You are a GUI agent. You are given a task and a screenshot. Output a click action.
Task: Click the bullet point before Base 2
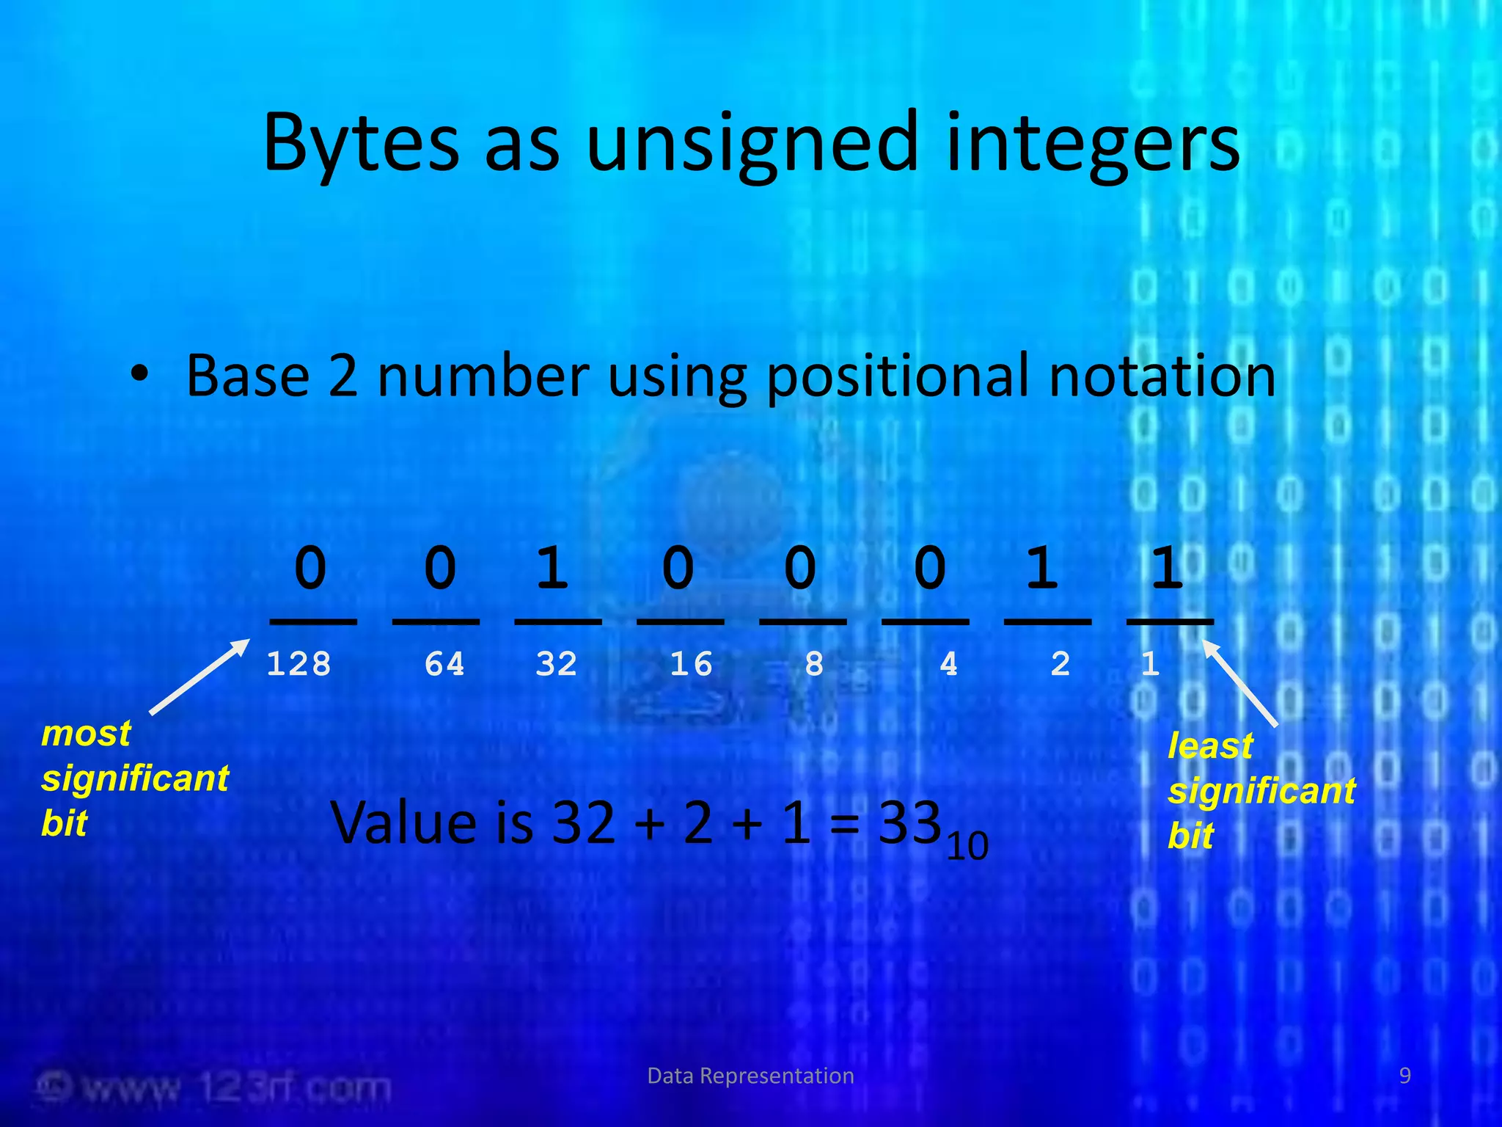pos(140,375)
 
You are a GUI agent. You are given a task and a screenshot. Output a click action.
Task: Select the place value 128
pos(298,664)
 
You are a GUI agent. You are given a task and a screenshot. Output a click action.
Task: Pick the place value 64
pos(444,664)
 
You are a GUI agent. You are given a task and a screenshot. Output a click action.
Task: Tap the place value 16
pos(691,664)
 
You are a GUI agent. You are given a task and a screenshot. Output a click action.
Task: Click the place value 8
pos(814,664)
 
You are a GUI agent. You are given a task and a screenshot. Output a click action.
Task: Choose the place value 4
pos(948,664)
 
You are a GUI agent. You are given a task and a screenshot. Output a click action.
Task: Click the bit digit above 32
pos(552,568)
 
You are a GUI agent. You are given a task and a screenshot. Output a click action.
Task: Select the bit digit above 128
pos(310,568)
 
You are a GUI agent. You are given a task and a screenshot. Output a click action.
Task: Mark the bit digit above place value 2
pos(1042,568)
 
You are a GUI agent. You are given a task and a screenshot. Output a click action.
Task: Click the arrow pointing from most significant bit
pos(199,676)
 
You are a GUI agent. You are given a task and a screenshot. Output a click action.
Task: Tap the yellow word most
pos(86,733)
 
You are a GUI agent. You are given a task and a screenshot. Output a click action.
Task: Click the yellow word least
pos(1209,746)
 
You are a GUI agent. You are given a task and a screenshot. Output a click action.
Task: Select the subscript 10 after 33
pos(967,847)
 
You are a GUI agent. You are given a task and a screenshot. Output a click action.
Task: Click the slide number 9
pos(1404,1076)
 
